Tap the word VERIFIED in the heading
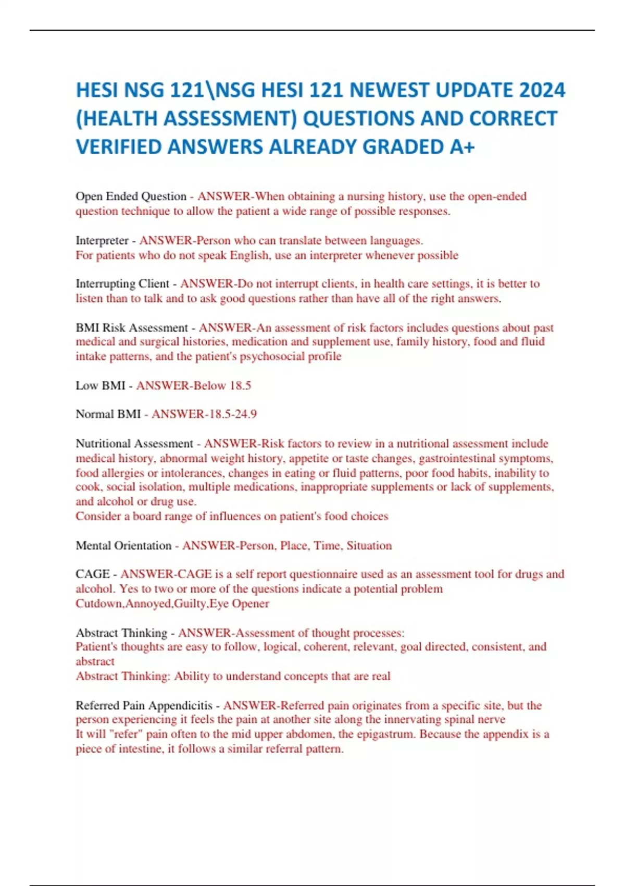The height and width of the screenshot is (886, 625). (119, 147)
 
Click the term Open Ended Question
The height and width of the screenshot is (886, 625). (131, 196)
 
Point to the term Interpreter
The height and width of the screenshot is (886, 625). (102, 241)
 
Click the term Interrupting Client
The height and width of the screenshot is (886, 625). (122, 284)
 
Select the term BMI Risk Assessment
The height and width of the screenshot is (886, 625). (132, 328)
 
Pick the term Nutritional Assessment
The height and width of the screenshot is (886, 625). (134, 444)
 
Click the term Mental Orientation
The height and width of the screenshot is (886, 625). (123, 546)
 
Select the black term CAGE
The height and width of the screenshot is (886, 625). (92, 574)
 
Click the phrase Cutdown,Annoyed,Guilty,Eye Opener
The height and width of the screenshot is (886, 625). (172, 604)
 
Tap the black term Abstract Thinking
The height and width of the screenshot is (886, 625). (121, 633)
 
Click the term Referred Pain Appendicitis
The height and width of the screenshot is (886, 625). (144, 706)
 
